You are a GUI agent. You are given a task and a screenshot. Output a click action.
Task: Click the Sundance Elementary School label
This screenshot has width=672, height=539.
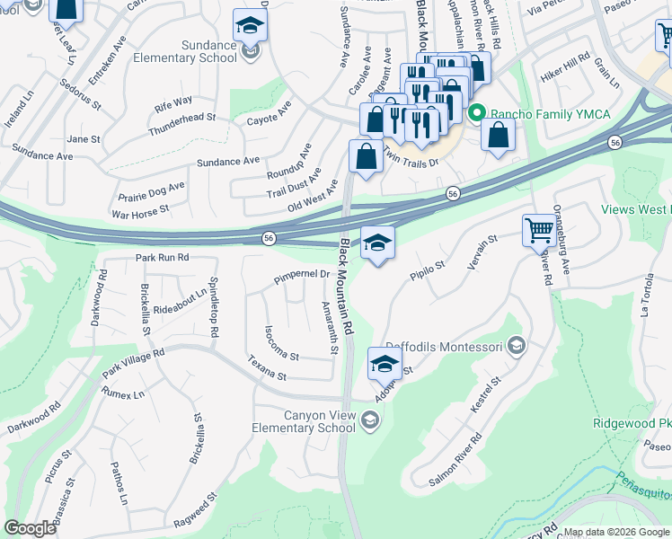(x=184, y=51)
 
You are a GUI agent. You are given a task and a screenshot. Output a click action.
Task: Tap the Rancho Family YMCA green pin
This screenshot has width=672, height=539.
(x=476, y=113)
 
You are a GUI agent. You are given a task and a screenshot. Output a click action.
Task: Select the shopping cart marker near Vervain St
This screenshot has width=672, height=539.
(x=539, y=230)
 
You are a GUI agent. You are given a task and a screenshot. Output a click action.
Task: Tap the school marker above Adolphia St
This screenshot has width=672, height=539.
(x=384, y=365)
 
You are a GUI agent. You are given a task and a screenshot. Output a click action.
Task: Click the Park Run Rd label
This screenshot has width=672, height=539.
(x=162, y=257)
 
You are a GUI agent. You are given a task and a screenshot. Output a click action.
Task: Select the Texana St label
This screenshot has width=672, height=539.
(x=268, y=369)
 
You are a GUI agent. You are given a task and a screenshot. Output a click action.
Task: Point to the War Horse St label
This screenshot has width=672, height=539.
(x=139, y=212)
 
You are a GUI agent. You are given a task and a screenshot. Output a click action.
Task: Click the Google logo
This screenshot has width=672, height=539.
(x=31, y=528)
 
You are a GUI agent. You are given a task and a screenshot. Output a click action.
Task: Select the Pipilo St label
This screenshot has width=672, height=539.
(x=428, y=270)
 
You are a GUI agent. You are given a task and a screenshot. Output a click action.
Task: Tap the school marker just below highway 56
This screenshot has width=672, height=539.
(x=378, y=243)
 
